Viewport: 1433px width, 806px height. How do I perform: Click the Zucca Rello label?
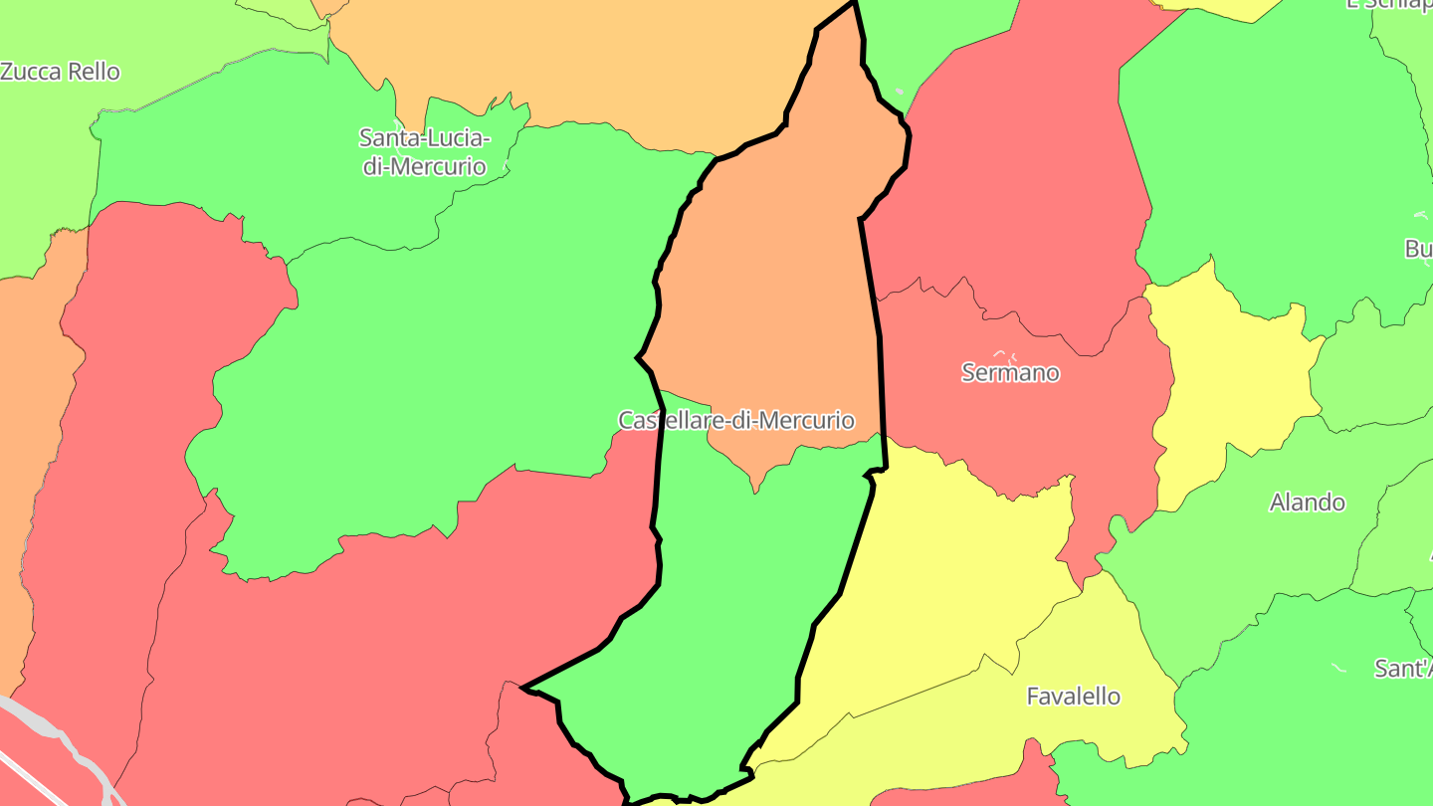coord(60,72)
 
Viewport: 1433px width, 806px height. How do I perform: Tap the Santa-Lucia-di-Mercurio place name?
coord(424,151)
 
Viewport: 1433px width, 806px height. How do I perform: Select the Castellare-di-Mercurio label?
coord(736,420)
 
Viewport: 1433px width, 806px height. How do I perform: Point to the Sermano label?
coord(1010,373)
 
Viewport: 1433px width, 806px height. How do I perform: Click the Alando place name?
coord(1307,503)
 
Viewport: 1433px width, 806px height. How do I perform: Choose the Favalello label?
coord(1073,697)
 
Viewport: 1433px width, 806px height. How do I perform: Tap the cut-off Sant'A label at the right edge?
coord(1404,669)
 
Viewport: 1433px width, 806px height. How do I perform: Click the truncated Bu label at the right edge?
coord(1419,249)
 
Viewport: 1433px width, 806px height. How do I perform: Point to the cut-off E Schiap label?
coord(1389,4)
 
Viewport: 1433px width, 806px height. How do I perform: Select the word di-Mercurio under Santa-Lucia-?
coord(424,166)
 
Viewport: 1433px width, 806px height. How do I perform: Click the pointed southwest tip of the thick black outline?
coord(524,687)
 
